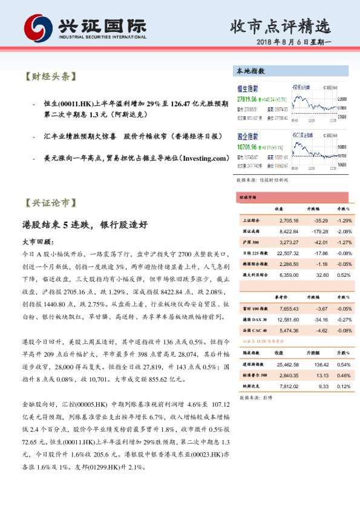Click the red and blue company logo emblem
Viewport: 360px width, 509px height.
click(38, 28)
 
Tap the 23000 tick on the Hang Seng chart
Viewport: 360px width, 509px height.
click(341, 97)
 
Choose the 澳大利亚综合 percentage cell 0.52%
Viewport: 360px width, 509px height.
click(344, 275)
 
